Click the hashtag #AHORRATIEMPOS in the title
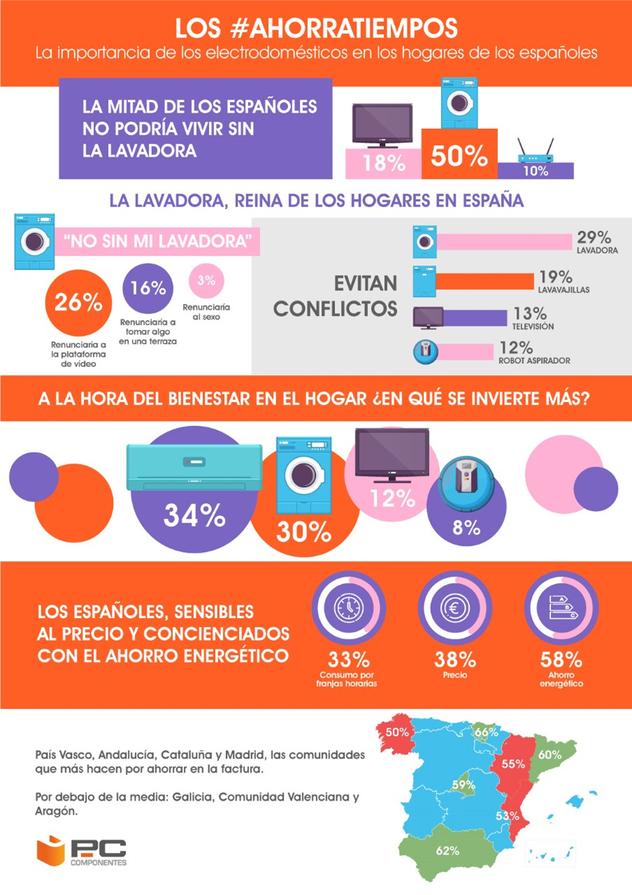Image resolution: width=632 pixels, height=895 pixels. (349, 28)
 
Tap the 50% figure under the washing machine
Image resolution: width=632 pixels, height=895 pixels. (459, 156)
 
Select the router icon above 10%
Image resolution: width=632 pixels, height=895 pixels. (535, 152)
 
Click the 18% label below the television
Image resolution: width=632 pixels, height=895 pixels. (384, 163)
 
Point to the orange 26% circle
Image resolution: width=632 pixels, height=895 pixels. (79, 303)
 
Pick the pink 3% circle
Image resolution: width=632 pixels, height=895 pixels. (206, 280)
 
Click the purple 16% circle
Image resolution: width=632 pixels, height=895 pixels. (148, 289)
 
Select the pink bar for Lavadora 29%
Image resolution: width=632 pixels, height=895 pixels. (504, 242)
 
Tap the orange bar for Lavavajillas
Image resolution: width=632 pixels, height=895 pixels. (485, 281)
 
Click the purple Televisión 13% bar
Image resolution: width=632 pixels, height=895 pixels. (474, 317)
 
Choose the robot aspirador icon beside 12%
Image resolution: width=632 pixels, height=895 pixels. (426, 351)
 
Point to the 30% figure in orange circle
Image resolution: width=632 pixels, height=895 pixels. (303, 532)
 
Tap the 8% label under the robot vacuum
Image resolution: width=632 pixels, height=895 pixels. (466, 528)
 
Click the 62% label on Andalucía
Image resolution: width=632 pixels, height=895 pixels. (448, 851)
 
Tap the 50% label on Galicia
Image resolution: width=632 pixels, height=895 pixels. (397, 732)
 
